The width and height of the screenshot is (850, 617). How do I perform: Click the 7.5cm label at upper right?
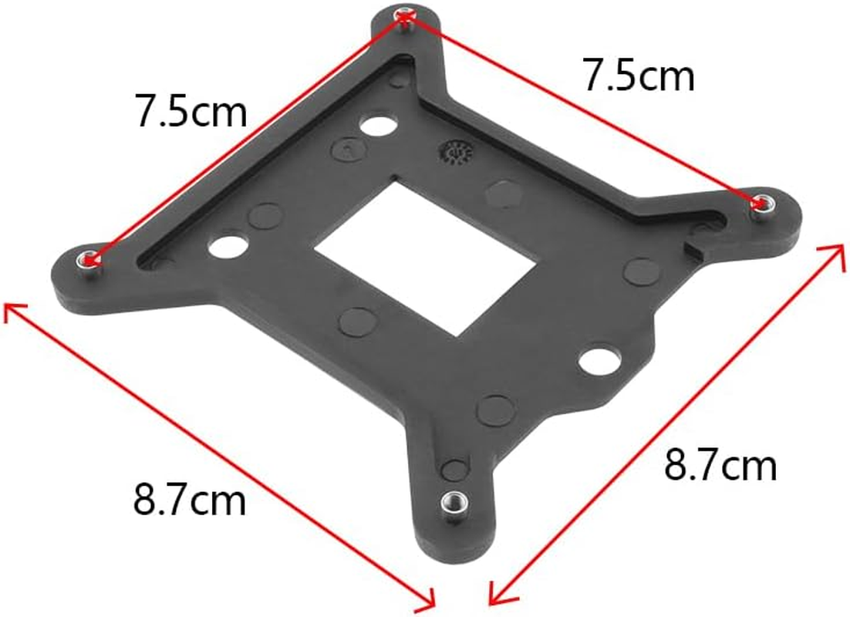(x=638, y=76)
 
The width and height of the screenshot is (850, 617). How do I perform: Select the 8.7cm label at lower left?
(x=190, y=501)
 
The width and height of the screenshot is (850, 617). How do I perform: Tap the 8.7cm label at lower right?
(x=720, y=466)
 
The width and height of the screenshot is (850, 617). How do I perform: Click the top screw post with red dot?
(x=403, y=17)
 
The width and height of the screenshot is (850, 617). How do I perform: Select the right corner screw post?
(x=762, y=204)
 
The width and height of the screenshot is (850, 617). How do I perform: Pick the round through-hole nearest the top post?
(x=376, y=126)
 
